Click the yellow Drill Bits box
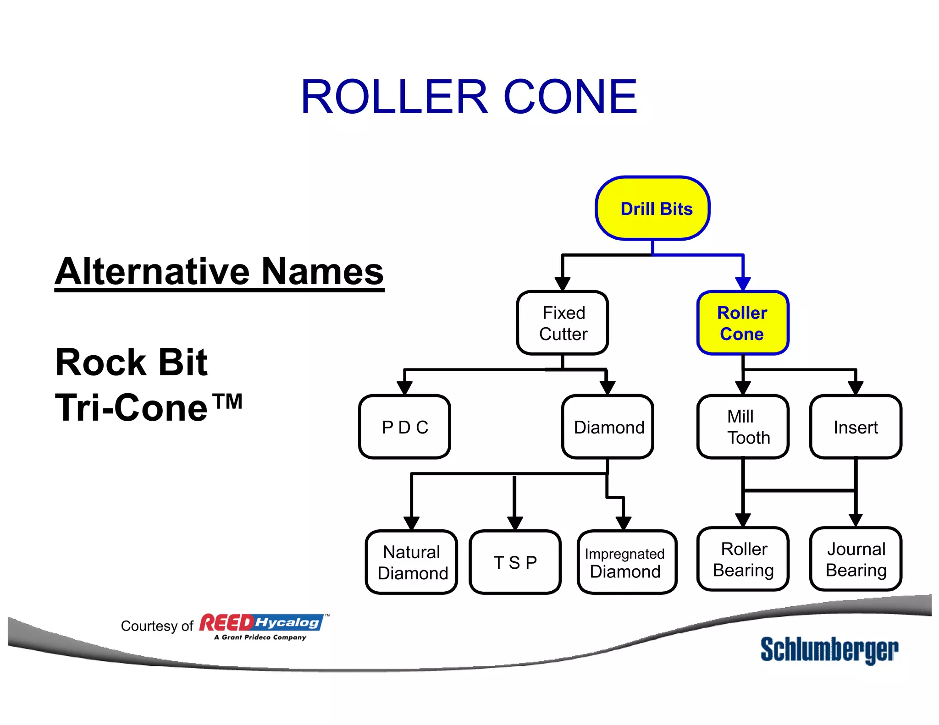(652, 209)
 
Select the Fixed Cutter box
(563, 323)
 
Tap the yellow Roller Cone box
(742, 323)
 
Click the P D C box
(405, 427)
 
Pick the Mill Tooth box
(743, 427)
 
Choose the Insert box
(856, 427)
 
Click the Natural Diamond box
(412, 562)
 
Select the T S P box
(515, 562)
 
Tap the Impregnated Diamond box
(627, 562)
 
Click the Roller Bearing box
(743, 559)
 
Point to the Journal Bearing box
(856, 559)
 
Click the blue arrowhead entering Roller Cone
(743, 284)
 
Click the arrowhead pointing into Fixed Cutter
(563, 284)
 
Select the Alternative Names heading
(219, 272)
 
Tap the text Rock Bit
(131, 362)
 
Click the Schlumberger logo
(829, 650)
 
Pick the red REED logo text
(226, 623)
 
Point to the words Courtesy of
(157, 626)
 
